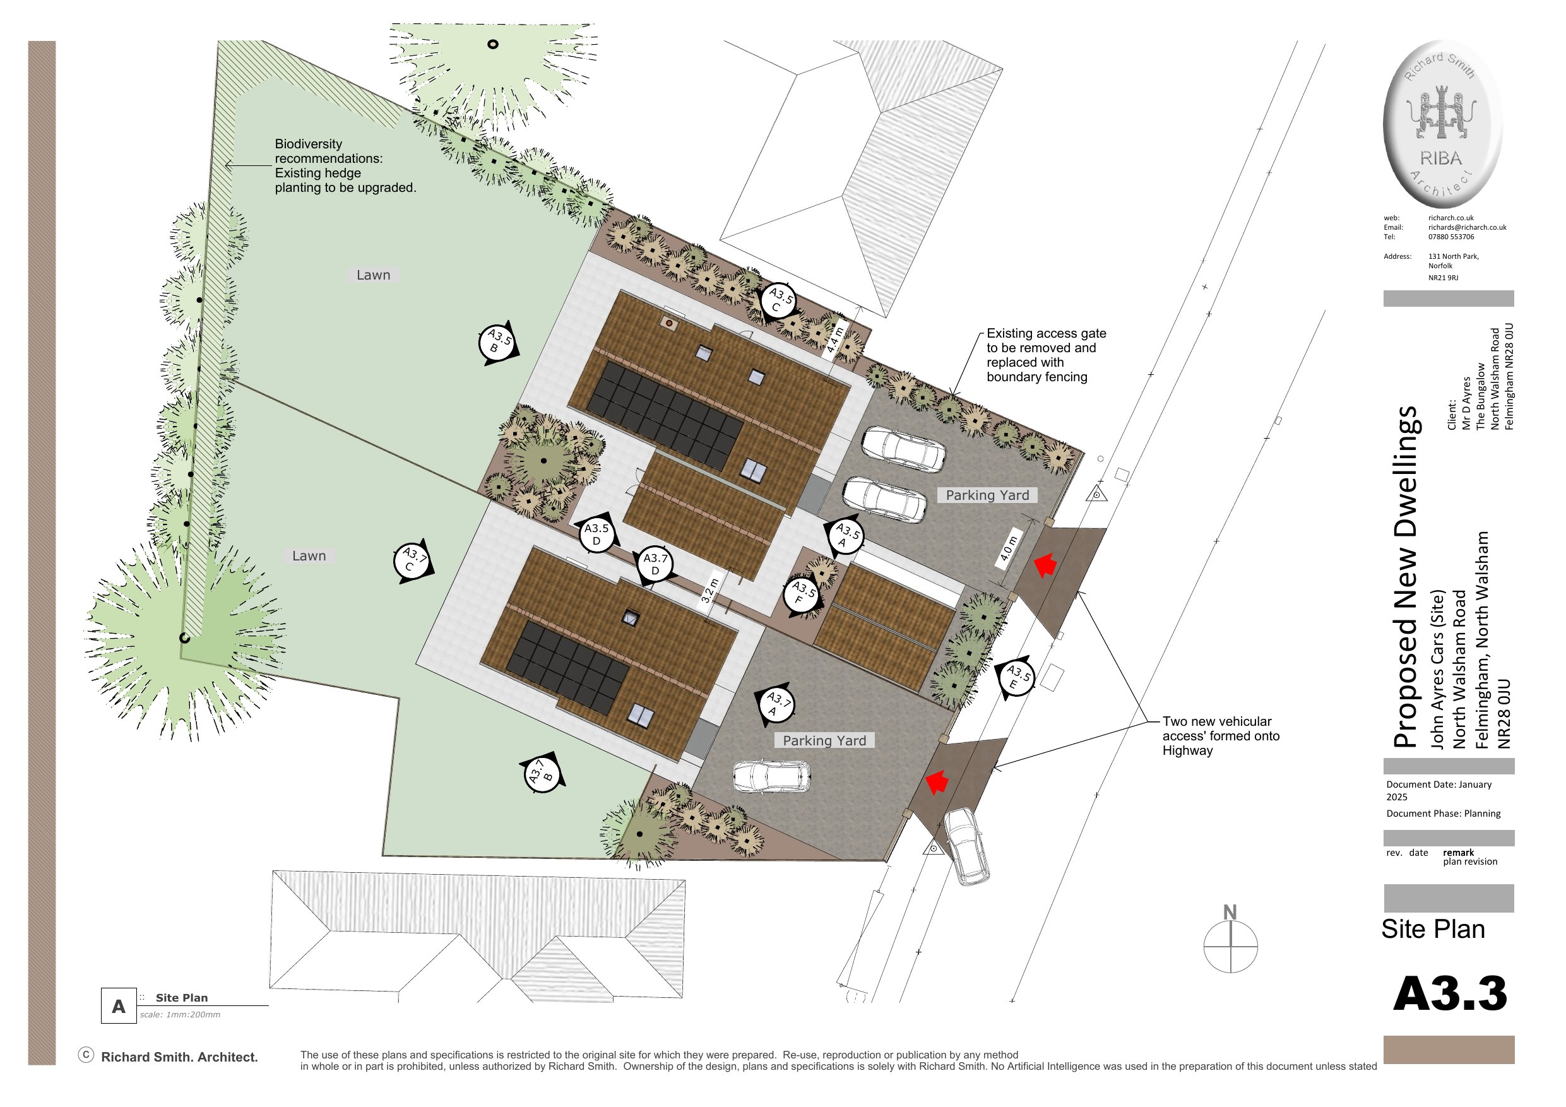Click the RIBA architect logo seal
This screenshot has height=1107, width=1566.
pyautogui.click(x=1442, y=124)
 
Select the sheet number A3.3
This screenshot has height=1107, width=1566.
pyautogui.click(x=1449, y=994)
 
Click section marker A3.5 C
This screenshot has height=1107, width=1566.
pyautogui.click(x=779, y=301)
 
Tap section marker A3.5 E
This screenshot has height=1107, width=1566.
pyautogui.click(x=1016, y=677)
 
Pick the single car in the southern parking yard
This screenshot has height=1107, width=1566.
pyautogui.click(x=771, y=777)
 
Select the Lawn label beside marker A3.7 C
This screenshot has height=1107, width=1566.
pyautogui.click(x=309, y=556)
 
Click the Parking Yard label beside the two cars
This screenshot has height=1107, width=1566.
pyautogui.click(x=987, y=495)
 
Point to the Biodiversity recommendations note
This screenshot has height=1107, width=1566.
pyautogui.click(x=345, y=166)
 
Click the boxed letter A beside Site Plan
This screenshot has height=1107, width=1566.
pyautogui.click(x=119, y=1006)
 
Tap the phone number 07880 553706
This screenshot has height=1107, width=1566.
pyautogui.click(x=1450, y=237)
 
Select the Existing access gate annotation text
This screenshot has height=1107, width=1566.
pyautogui.click(x=1047, y=355)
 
